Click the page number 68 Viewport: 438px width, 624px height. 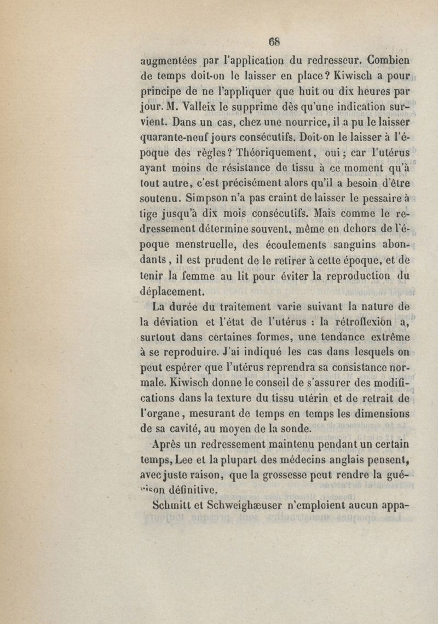point(275,40)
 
